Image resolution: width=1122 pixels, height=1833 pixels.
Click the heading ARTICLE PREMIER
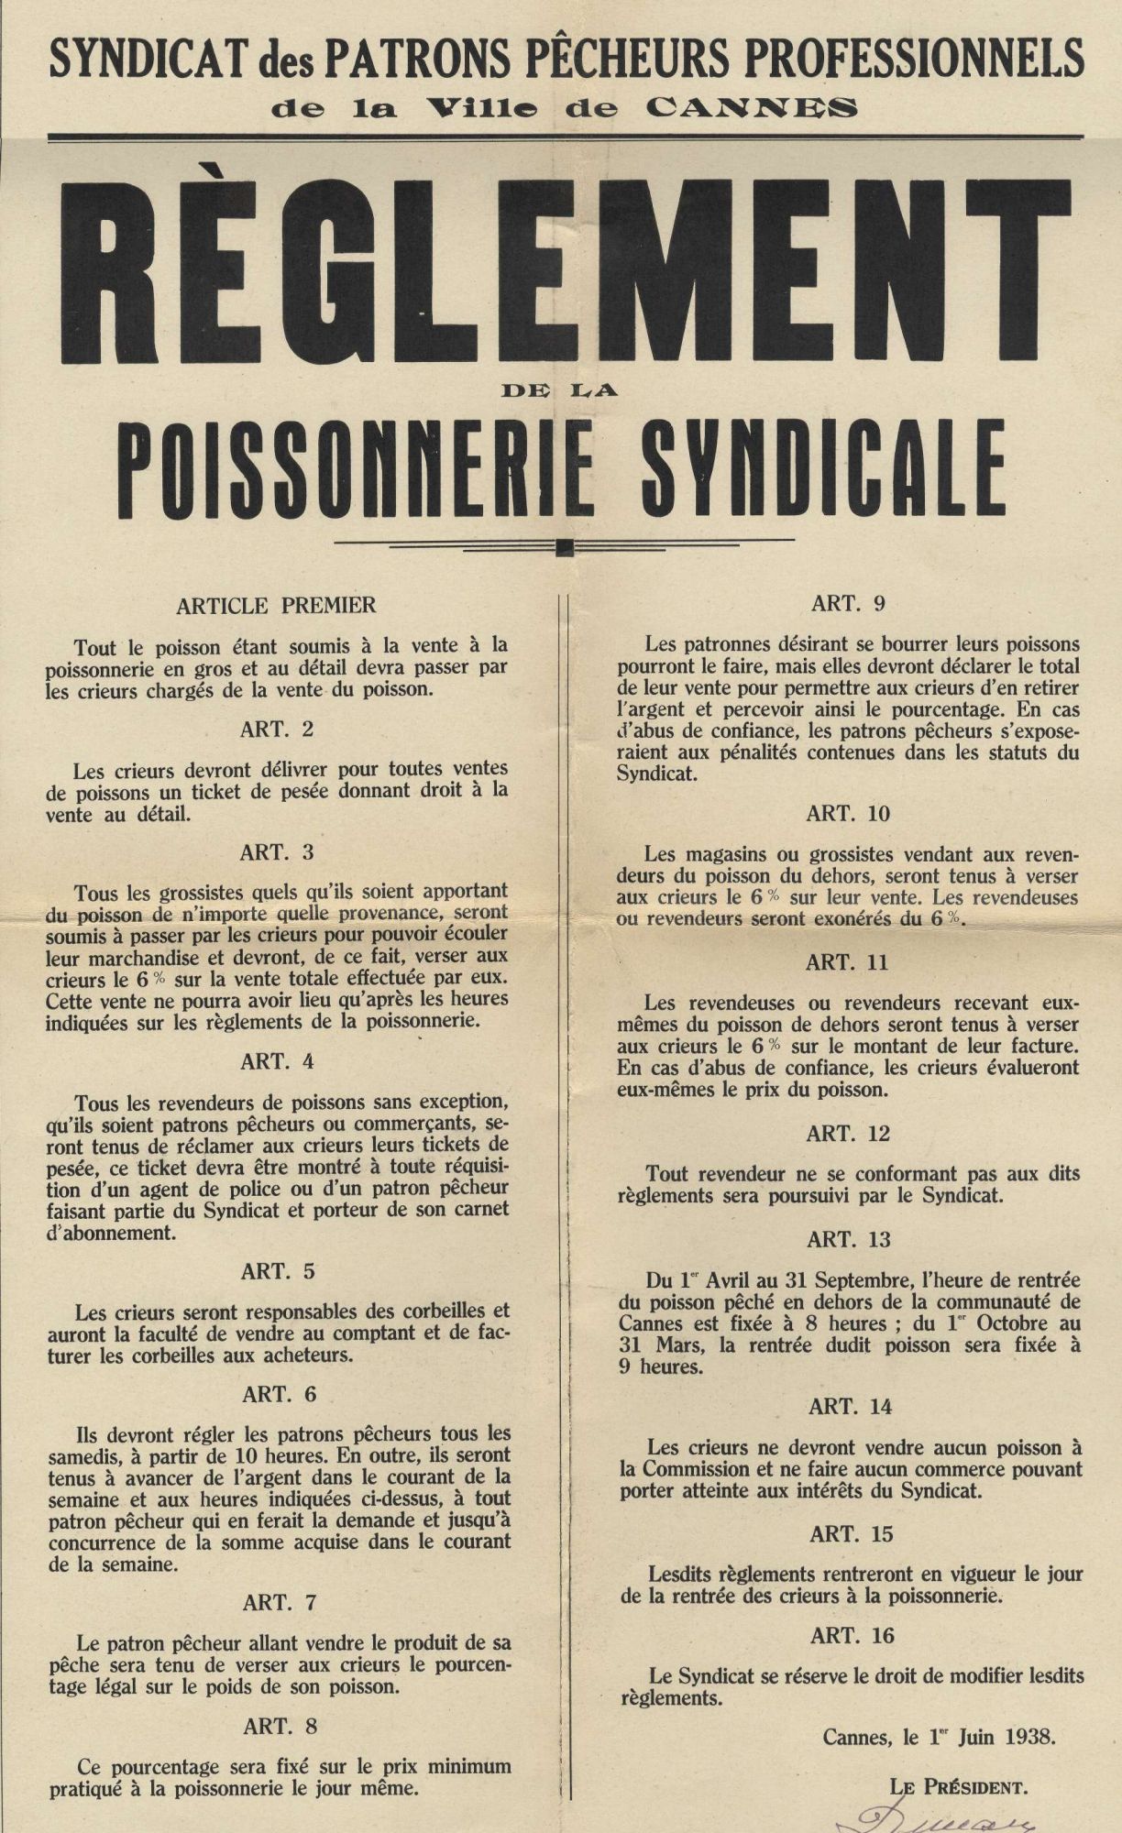pos(277,605)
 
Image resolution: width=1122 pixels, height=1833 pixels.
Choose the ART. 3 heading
pos(277,852)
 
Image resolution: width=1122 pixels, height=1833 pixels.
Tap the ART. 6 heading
pos(280,1394)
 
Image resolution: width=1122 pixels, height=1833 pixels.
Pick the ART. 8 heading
pos(280,1726)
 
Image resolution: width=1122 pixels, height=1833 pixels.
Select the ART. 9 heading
pos(848,604)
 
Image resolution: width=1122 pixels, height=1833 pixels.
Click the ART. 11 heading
pos(848,962)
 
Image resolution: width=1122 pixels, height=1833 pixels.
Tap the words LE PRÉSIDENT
pos(958,1785)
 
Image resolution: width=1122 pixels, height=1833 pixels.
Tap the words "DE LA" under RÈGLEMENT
pos(560,390)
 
